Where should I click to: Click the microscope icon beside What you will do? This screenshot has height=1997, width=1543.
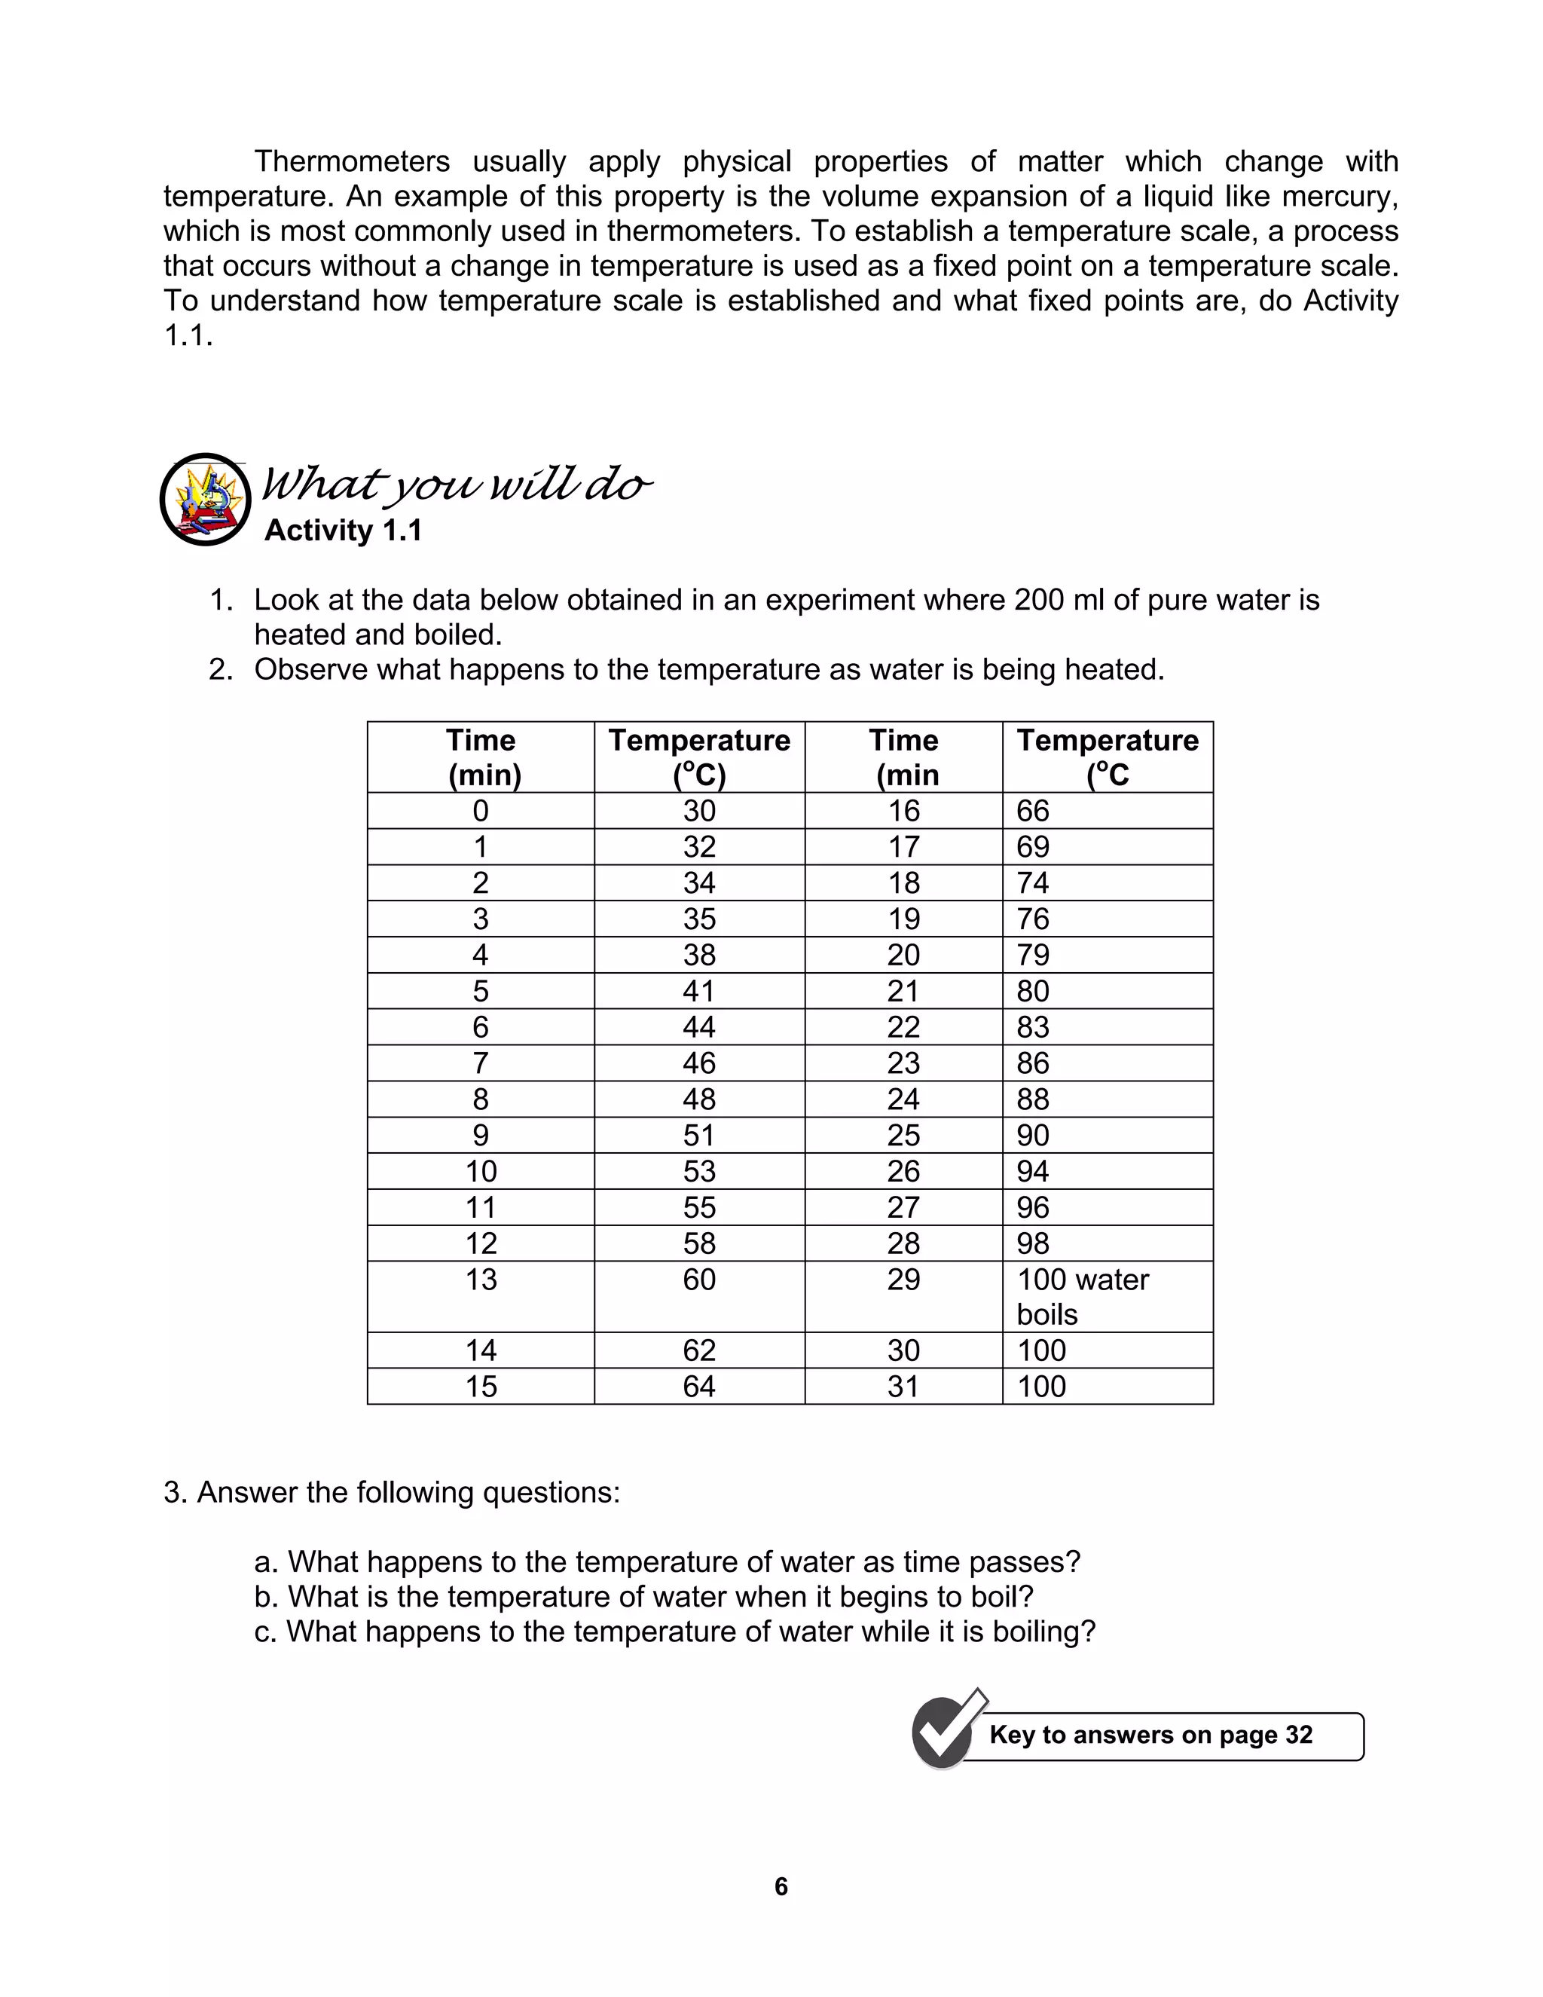coord(206,499)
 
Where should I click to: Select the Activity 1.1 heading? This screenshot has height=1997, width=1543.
coord(343,531)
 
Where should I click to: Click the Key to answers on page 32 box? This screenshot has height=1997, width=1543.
coord(1152,1736)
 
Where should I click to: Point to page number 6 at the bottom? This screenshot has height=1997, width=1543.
coord(781,1886)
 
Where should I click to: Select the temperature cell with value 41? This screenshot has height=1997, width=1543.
coord(699,991)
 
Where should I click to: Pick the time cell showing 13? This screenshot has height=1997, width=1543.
coord(481,1280)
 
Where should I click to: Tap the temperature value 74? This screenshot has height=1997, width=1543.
coord(1033,883)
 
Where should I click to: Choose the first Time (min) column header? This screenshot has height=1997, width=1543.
coord(481,757)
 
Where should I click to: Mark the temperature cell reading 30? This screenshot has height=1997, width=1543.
coord(699,811)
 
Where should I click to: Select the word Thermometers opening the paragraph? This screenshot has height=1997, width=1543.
coord(352,162)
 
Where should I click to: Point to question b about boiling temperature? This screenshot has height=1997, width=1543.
coord(643,1597)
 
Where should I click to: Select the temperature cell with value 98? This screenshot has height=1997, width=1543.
coord(1033,1243)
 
